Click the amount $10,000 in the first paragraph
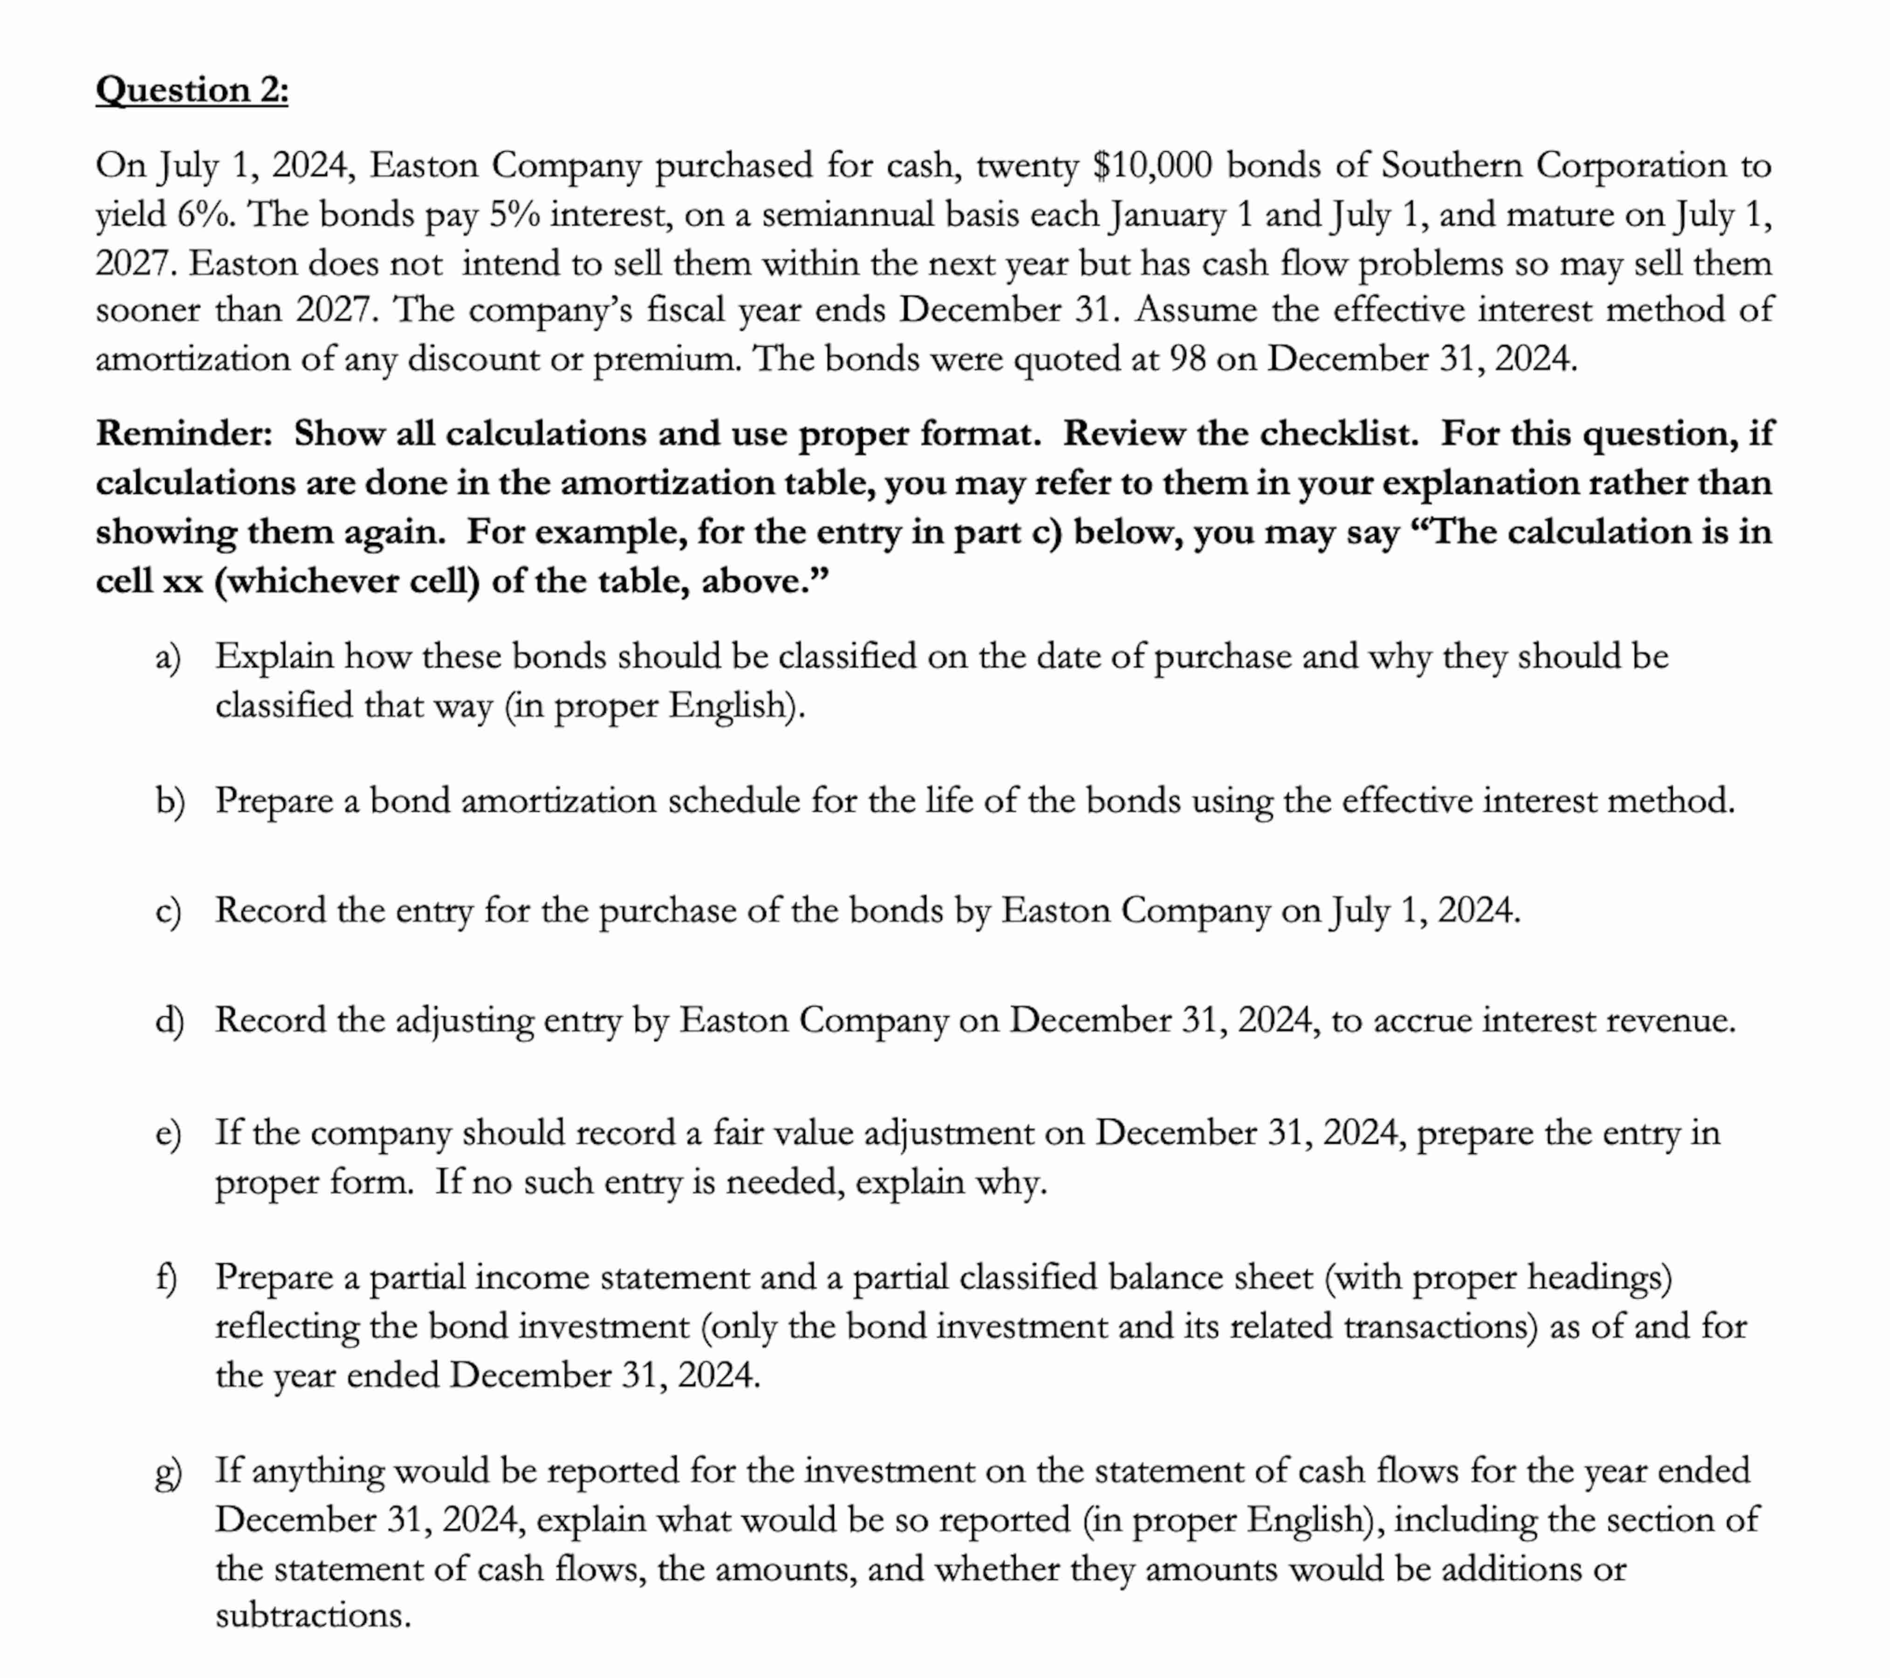[x=1151, y=165]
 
